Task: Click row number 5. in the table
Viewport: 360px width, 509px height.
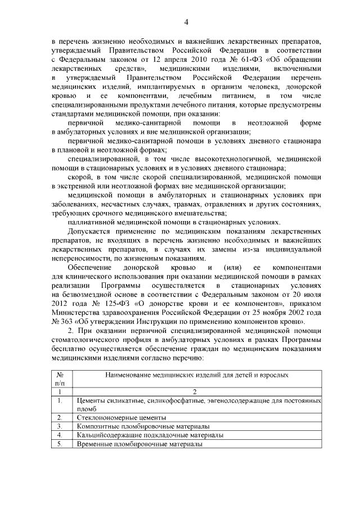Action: (60, 444)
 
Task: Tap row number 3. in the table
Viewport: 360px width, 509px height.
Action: (60, 427)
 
